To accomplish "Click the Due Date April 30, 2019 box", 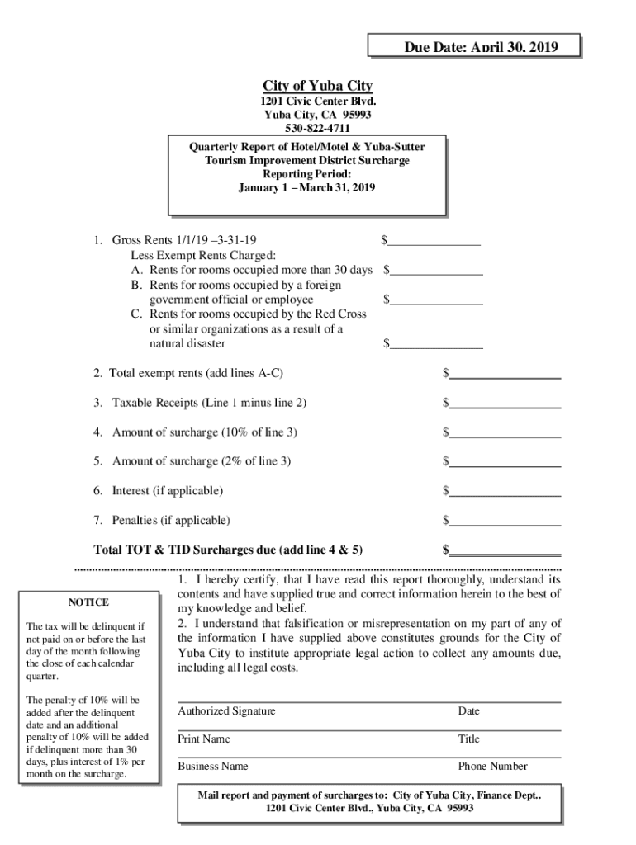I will [x=474, y=47].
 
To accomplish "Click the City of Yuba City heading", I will [x=318, y=87].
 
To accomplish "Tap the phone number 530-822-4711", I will [x=318, y=128].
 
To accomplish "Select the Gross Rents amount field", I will [x=434, y=240].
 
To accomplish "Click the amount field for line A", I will [x=437, y=270].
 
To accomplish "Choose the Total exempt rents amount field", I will [x=505, y=374].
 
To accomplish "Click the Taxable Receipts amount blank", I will [x=505, y=403].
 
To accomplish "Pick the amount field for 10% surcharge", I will [x=505, y=432].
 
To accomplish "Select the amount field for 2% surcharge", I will [x=505, y=461].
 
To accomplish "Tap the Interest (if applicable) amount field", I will [x=505, y=491].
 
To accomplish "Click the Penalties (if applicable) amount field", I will [x=505, y=520].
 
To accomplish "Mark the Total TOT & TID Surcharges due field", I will [x=505, y=550].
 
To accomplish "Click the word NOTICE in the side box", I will [x=88, y=602].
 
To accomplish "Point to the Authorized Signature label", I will [x=226, y=711].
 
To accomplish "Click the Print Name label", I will [x=204, y=739].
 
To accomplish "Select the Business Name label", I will [x=213, y=767].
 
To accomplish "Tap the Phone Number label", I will [x=493, y=767].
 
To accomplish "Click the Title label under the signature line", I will [x=469, y=739].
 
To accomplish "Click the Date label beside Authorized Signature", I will [x=469, y=711].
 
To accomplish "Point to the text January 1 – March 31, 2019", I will [x=306, y=188].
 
